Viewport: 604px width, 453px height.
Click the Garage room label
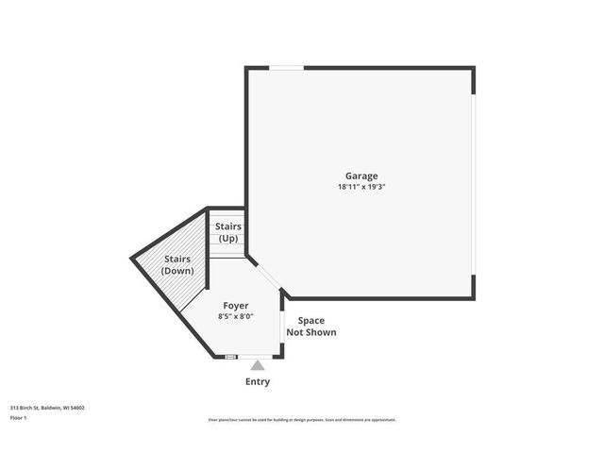point(361,176)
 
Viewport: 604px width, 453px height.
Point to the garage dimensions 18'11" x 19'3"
point(361,187)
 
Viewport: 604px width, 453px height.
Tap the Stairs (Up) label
point(228,232)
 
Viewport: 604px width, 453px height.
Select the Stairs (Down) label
point(177,265)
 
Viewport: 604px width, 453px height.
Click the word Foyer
point(236,306)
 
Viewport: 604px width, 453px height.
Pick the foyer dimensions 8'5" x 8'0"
point(236,317)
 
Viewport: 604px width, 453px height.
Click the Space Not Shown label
point(310,327)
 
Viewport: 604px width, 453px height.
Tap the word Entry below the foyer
point(258,382)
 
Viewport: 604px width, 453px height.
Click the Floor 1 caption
point(19,417)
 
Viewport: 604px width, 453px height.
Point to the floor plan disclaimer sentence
point(302,420)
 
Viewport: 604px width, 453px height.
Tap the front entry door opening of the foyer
point(257,357)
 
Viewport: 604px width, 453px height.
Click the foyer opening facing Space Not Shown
point(282,332)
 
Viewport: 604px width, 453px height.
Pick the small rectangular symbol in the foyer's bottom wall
point(229,357)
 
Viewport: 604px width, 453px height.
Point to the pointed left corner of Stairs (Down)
point(132,256)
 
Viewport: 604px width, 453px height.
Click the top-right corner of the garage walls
point(472,69)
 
